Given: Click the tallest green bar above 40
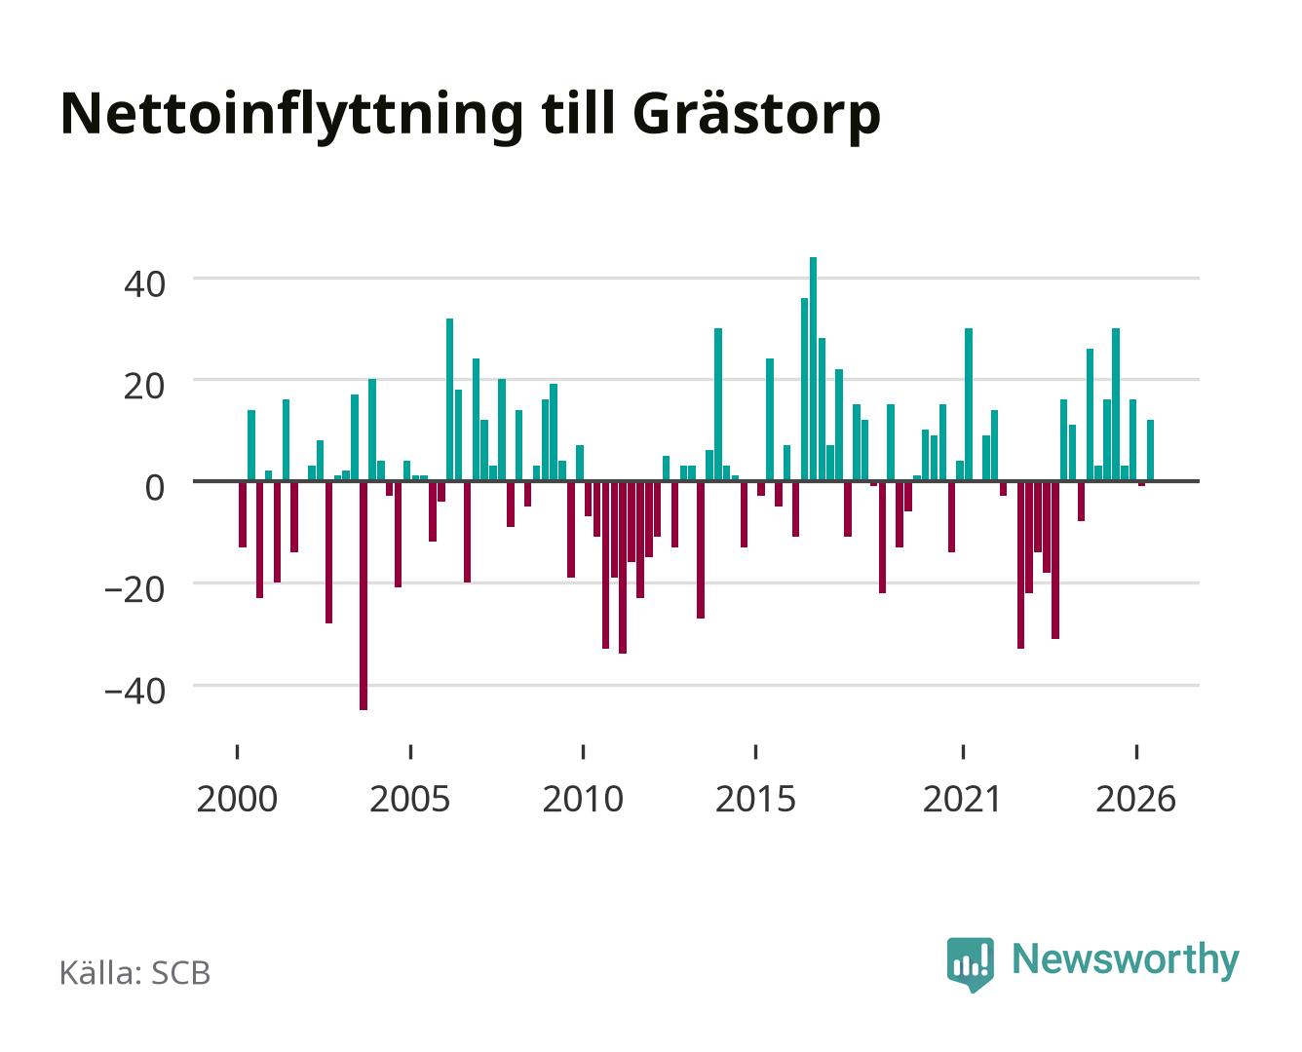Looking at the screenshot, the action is pos(813,368).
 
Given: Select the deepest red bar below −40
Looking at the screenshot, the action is pos(364,595).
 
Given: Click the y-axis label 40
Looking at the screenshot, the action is pos(144,284).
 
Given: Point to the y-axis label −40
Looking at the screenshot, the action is pos(135,693).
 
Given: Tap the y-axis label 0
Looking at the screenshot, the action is pos(155,488).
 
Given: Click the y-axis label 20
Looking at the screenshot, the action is pos(144,387).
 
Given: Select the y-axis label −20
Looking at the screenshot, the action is pos(135,590).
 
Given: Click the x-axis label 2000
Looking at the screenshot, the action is pos(237,800).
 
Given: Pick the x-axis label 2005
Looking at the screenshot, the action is pos(410,800).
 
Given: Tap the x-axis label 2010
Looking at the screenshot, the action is pos(583,800).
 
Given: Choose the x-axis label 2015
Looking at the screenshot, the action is pos(756,800).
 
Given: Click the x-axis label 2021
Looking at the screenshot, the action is pos(962,800).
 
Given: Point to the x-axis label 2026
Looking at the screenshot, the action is pos(1136,800).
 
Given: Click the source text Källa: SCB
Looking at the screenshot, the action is pos(135,973).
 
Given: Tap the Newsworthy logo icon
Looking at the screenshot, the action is pos(970,964).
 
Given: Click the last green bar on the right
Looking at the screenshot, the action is pos(1150,450).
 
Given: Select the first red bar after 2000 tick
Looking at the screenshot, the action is pos(243,513).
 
